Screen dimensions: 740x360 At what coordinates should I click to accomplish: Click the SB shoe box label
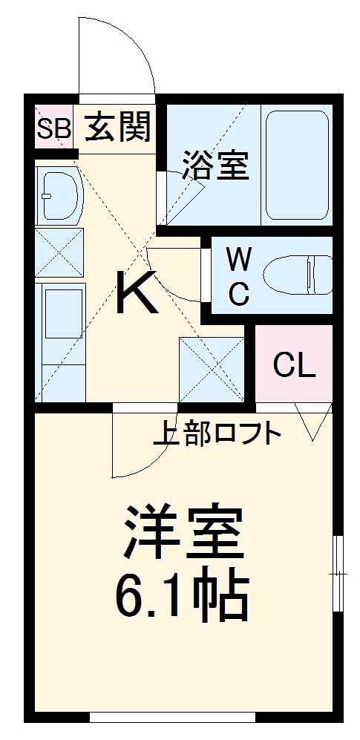[53, 130]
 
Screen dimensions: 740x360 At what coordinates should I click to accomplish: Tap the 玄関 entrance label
[117, 128]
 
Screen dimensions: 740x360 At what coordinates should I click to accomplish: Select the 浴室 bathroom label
[214, 165]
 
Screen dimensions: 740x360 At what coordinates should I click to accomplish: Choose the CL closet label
[293, 365]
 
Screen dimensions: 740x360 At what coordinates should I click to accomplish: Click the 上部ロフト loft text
[217, 433]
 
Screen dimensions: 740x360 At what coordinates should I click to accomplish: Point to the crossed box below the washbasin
[59, 253]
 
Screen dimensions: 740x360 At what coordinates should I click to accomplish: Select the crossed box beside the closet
[212, 369]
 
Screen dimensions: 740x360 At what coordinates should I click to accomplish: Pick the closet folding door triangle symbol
[312, 422]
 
